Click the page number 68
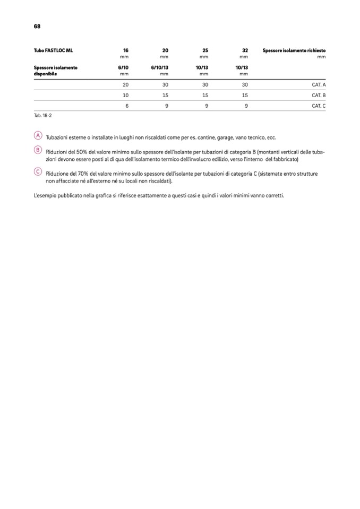point(37,26)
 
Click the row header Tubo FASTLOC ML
point(53,50)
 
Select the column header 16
point(126,50)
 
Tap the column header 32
point(245,50)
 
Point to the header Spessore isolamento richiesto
point(294,50)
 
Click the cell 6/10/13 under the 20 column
point(160,67)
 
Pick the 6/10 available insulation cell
point(123,67)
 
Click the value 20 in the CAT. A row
point(125,85)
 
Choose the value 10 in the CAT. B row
point(125,96)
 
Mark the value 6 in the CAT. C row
point(127,106)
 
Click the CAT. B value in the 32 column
point(245,96)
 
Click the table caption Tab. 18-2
point(42,115)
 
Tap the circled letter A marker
point(37,136)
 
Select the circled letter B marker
point(37,150)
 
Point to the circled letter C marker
point(37,171)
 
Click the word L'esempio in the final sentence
point(44,195)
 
